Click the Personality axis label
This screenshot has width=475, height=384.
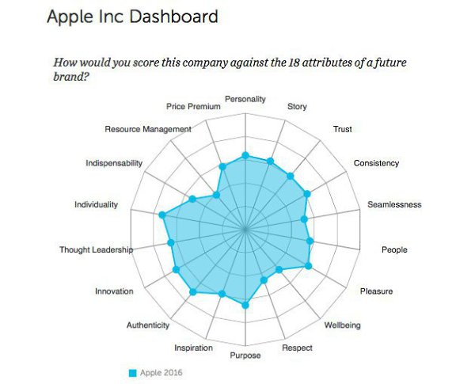point(245,100)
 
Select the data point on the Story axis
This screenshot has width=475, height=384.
point(271,162)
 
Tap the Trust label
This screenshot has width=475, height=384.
point(342,129)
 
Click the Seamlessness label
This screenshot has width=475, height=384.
point(394,205)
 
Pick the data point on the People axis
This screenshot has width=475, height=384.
point(310,241)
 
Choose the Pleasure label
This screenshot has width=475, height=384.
point(376,291)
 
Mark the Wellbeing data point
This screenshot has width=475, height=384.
point(279,271)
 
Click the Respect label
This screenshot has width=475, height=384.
point(297,348)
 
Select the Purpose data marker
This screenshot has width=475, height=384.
point(245,305)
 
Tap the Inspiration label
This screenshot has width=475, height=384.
point(193,348)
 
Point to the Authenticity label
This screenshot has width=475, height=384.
point(148,325)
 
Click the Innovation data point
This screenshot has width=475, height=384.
point(176,270)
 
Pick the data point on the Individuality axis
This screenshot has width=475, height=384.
point(162,215)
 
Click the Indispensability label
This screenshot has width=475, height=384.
point(114,163)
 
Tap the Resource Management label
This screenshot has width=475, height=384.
point(148,129)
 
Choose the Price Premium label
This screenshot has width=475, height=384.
point(193,106)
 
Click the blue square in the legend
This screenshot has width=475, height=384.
point(133,372)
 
